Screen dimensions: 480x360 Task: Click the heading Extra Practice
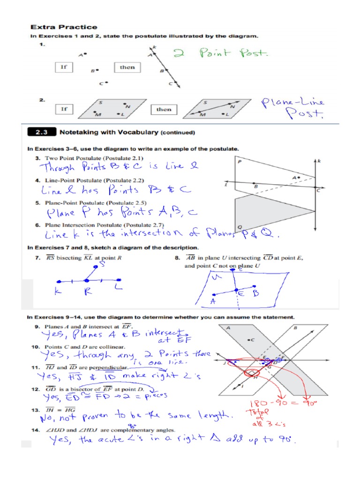pos(64,27)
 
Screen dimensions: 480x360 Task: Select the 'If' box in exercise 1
pos(64,67)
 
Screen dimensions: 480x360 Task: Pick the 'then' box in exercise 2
pos(164,109)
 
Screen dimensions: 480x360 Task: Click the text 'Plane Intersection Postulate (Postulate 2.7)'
pos(105,225)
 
